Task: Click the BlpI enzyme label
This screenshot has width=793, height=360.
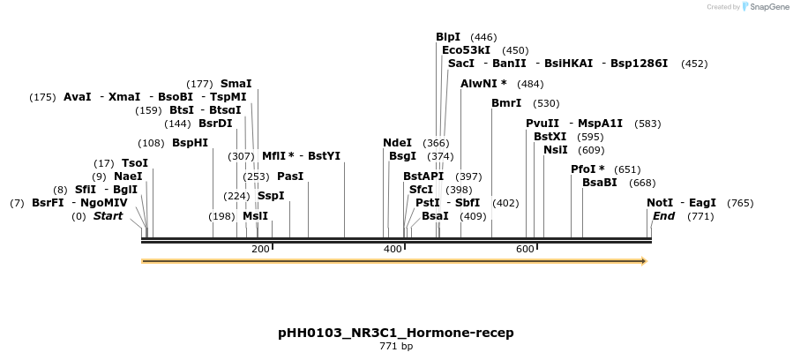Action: (448, 37)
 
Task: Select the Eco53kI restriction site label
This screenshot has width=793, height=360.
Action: (466, 50)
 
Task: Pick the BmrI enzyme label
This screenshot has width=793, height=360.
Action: (506, 103)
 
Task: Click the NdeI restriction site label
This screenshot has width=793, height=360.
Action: (397, 143)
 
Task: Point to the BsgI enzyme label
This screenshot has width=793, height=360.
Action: (402, 156)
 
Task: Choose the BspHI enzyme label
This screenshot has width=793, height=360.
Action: (190, 143)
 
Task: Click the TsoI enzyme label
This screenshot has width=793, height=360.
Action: (135, 163)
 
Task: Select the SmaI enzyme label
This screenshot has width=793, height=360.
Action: (236, 84)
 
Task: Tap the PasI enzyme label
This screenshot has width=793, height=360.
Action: (290, 176)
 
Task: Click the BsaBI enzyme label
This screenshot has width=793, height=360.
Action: (599, 183)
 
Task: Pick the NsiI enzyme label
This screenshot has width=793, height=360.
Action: (556, 150)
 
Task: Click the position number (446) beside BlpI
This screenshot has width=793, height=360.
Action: (483, 38)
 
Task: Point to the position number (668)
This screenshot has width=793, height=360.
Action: (642, 184)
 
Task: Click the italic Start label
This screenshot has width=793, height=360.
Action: (108, 216)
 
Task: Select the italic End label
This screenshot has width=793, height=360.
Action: (663, 216)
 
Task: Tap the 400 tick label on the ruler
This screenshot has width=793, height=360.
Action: (393, 250)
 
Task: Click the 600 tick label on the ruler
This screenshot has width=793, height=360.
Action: (525, 250)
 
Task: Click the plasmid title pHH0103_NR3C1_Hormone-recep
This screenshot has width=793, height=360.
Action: (395, 333)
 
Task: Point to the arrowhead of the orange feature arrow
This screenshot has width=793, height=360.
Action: (644, 261)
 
